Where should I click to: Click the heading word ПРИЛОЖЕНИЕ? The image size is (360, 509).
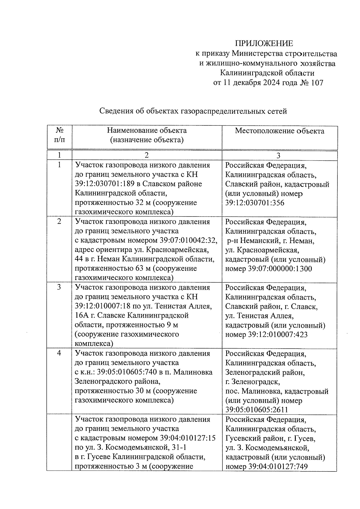tap(264, 44)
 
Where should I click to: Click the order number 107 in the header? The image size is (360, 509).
tap(317, 83)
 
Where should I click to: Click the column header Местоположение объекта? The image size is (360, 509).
tap(279, 131)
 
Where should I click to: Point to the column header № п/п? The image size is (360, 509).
tap(59, 135)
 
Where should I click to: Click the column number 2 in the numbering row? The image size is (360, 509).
tap(146, 155)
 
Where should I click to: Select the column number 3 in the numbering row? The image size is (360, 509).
tap(278, 155)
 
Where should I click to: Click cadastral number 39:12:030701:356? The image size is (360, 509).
tap(255, 203)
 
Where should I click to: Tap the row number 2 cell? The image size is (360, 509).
tap(59, 222)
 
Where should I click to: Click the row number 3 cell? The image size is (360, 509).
tap(59, 287)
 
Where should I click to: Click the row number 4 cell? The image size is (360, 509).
tap(59, 353)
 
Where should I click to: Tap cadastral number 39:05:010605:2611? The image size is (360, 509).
tap(256, 410)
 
